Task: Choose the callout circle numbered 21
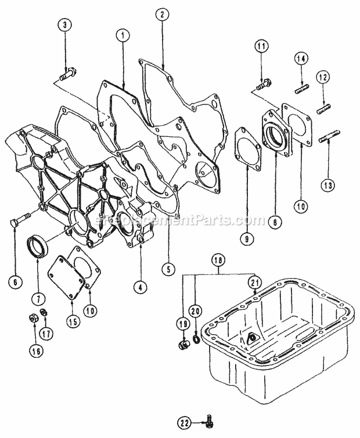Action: (253, 283)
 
